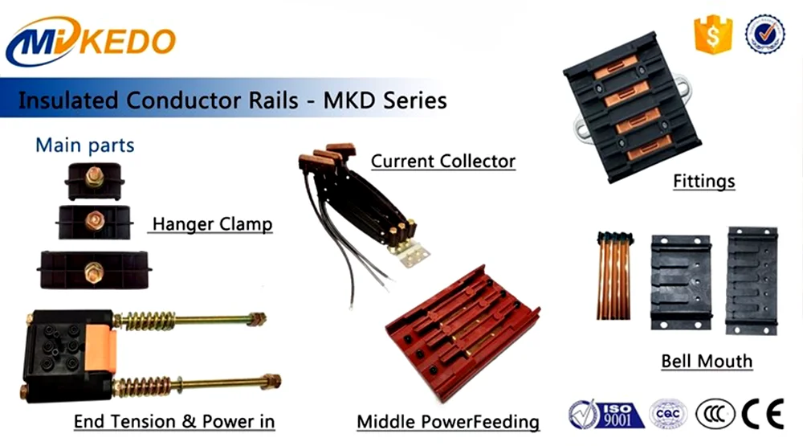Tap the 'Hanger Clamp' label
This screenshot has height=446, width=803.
tap(212, 223)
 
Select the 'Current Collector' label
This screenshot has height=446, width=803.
tap(442, 161)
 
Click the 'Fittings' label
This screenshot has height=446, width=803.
tap(703, 181)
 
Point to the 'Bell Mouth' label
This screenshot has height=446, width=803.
tap(707, 361)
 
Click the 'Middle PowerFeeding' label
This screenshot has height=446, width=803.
tap(448, 421)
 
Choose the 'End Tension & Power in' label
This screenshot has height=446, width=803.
tap(174, 421)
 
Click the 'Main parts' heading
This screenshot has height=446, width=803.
tap(84, 145)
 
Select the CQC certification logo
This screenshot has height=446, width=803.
tap(668, 414)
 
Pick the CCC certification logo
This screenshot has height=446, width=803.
tap(715, 414)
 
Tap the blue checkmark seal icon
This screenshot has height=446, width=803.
tap(765, 35)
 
